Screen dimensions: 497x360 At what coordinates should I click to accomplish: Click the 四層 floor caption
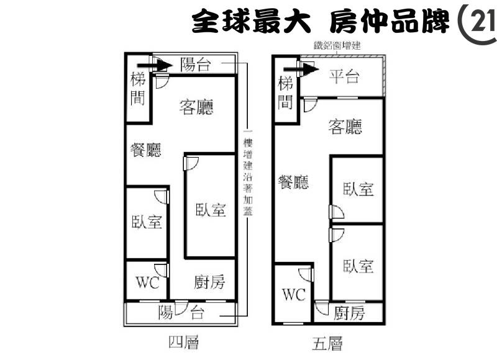[183, 343]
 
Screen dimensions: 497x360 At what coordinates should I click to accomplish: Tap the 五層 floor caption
[327, 344]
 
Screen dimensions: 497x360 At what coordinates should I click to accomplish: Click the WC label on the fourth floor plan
[147, 282]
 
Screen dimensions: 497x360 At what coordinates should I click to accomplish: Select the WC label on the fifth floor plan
[294, 294]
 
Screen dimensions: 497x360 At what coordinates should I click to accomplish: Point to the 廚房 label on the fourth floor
[209, 282]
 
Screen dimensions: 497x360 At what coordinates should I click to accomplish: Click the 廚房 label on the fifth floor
[349, 313]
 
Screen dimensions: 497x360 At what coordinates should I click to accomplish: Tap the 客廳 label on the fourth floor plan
[196, 107]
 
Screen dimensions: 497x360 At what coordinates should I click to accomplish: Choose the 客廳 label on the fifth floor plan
[345, 127]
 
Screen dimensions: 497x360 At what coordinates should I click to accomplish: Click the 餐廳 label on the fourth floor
[146, 150]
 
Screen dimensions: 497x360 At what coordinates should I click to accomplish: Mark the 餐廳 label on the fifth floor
[293, 182]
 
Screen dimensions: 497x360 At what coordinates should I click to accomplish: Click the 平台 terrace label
[344, 76]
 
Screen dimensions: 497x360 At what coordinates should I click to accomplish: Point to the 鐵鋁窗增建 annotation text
[337, 46]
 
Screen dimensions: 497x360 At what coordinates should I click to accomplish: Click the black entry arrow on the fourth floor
[155, 66]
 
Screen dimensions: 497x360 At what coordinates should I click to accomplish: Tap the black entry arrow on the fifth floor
[301, 69]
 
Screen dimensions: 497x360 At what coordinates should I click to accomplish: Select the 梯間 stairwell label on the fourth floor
[138, 88]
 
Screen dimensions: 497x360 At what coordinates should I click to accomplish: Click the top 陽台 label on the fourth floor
[196, 65]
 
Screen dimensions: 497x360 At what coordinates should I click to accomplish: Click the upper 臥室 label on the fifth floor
[358, 189]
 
